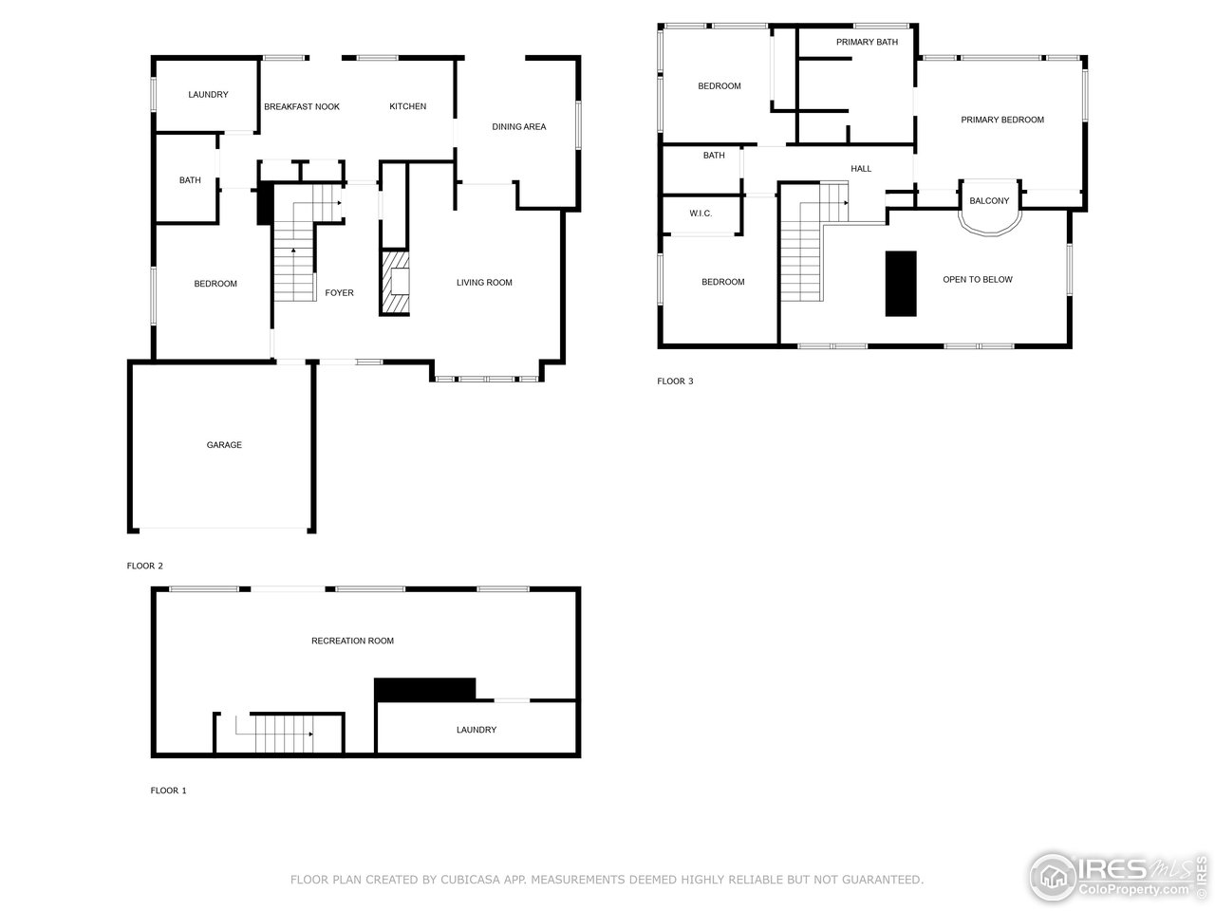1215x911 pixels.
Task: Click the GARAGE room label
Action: tap(224, 445)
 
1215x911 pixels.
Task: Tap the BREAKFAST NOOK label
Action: tap(302, 107)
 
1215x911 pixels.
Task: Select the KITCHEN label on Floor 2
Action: tap(408, 107)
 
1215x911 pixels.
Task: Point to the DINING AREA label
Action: tap(518, 127)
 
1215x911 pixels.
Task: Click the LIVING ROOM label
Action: tap(484, 283)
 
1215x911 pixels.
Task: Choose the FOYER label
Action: tap(339, 293)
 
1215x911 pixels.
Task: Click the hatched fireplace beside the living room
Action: tap(395, 282)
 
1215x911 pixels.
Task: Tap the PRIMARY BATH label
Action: tap(867, 43)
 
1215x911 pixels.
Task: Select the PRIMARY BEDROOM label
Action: tap(1002, 121)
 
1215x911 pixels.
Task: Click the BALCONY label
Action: tap(989, 201)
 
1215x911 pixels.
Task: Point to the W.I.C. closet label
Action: tap(701, 214)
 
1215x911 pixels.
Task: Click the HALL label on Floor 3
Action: tap(861, 170)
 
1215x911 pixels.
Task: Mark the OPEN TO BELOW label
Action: tap(978, 280)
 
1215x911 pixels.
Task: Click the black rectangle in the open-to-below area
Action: tap(901, 284)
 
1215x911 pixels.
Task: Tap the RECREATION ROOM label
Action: tap(352, 641)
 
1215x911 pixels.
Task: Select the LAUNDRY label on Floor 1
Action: tap(477, 731)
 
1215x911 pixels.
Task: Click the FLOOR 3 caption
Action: tap(675, 381)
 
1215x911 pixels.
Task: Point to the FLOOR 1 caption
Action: tap(169, 790)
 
